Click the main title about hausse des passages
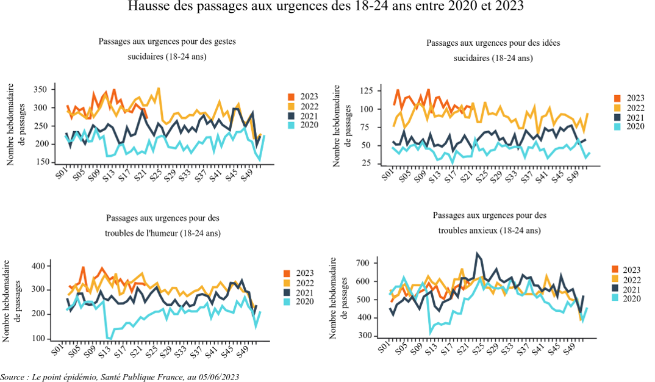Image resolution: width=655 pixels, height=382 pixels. pyautogui.click(x=327, y=7)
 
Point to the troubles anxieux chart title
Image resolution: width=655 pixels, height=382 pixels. pyautogui.click(x=489, y=223)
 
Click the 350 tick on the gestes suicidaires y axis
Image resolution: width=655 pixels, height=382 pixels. pyautogui.click(x=40, y=90)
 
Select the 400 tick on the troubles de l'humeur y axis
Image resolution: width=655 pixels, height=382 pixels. pyautogui.click(x=40, y=266)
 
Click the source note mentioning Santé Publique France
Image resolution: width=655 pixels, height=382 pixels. pyautogui.click(x=120, y=377)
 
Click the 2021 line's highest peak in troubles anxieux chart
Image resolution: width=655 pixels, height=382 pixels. pyautogui.click(x=477, y=253)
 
